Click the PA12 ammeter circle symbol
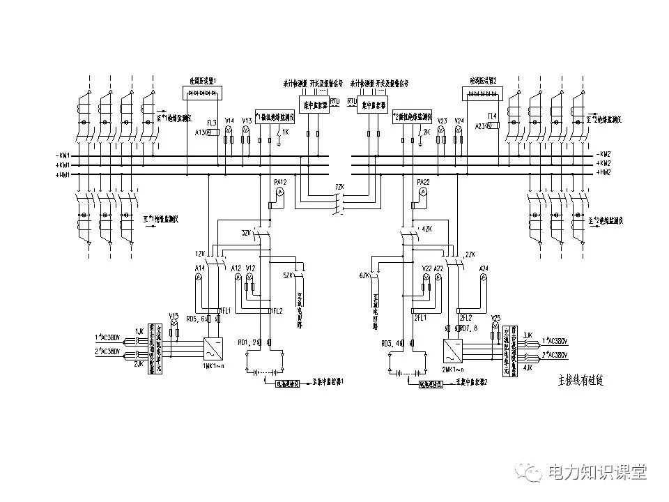pyautogui.click(x=279, y=191)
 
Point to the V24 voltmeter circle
pyautogui.click(x=459, y=130)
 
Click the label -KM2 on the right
pyautogui.click(x=603, y=154)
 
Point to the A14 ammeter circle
pyautogui.click(x=198, y=277)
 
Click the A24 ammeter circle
pyautogui.click(x=483, y=277)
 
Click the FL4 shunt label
pyautogui.click(x=493, y=116)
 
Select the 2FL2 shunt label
pyautogui.click(x=466, y=317)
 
